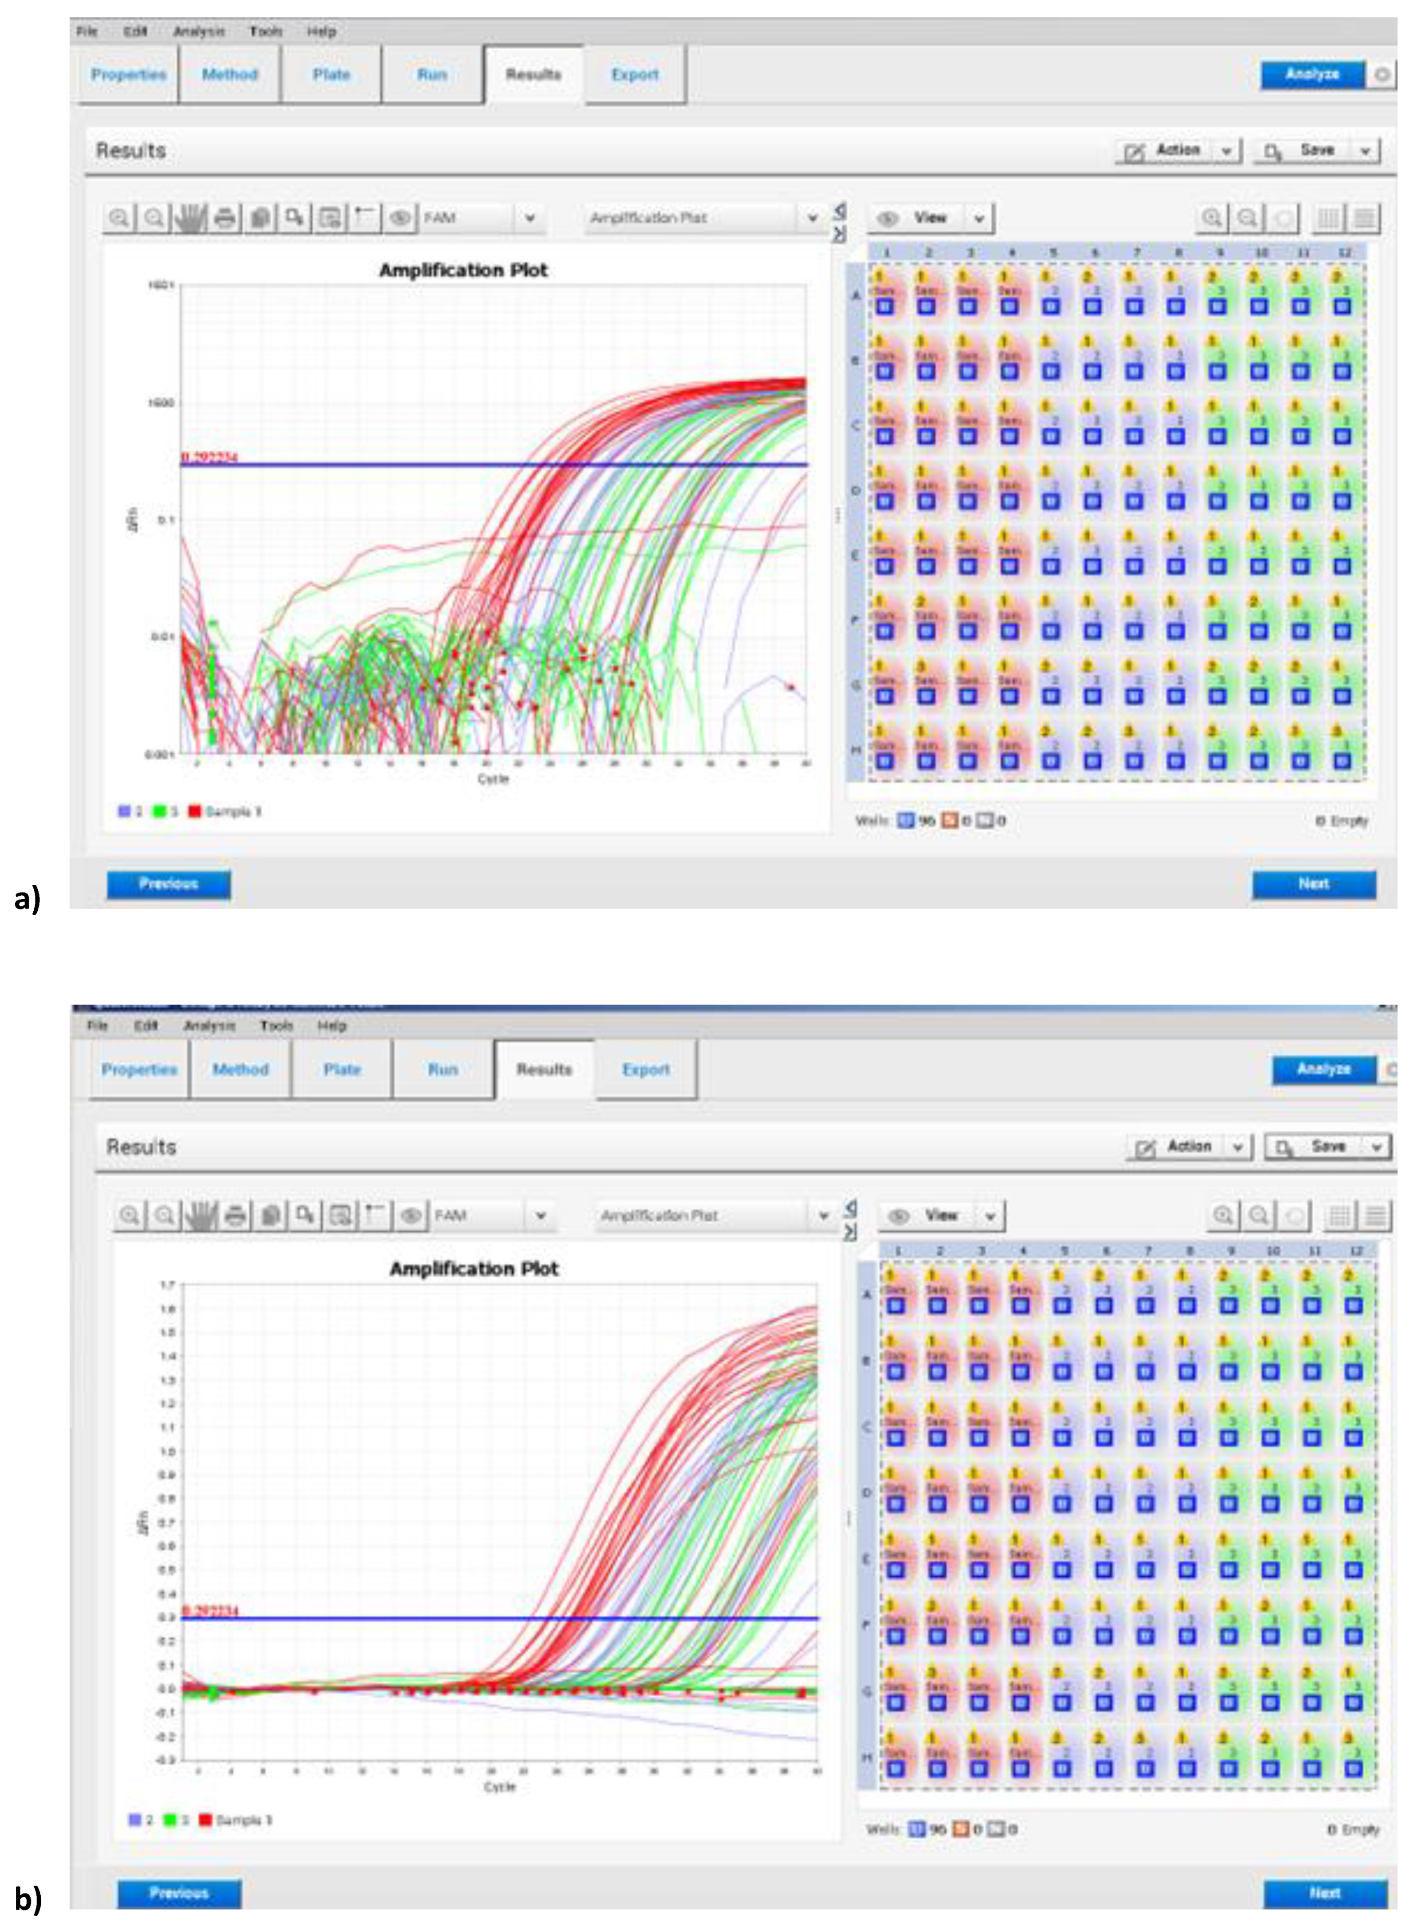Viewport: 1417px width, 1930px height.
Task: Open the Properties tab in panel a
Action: coord(129,74)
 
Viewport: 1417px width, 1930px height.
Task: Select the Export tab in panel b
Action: coord(646,1069)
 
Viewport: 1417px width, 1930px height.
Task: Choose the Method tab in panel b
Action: coord(240,1069)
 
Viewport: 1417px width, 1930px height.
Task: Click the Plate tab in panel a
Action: coord(331,74)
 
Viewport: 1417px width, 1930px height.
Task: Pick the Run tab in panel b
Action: coord(443,1069)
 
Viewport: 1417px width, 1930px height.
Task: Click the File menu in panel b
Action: coord(98,1025)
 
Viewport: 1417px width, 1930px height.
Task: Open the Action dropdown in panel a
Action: coord(1178,150)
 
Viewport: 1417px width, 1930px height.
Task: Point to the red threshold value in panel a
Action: coord(209,457)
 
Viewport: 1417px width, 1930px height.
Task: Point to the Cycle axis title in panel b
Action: coord(499,1787)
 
